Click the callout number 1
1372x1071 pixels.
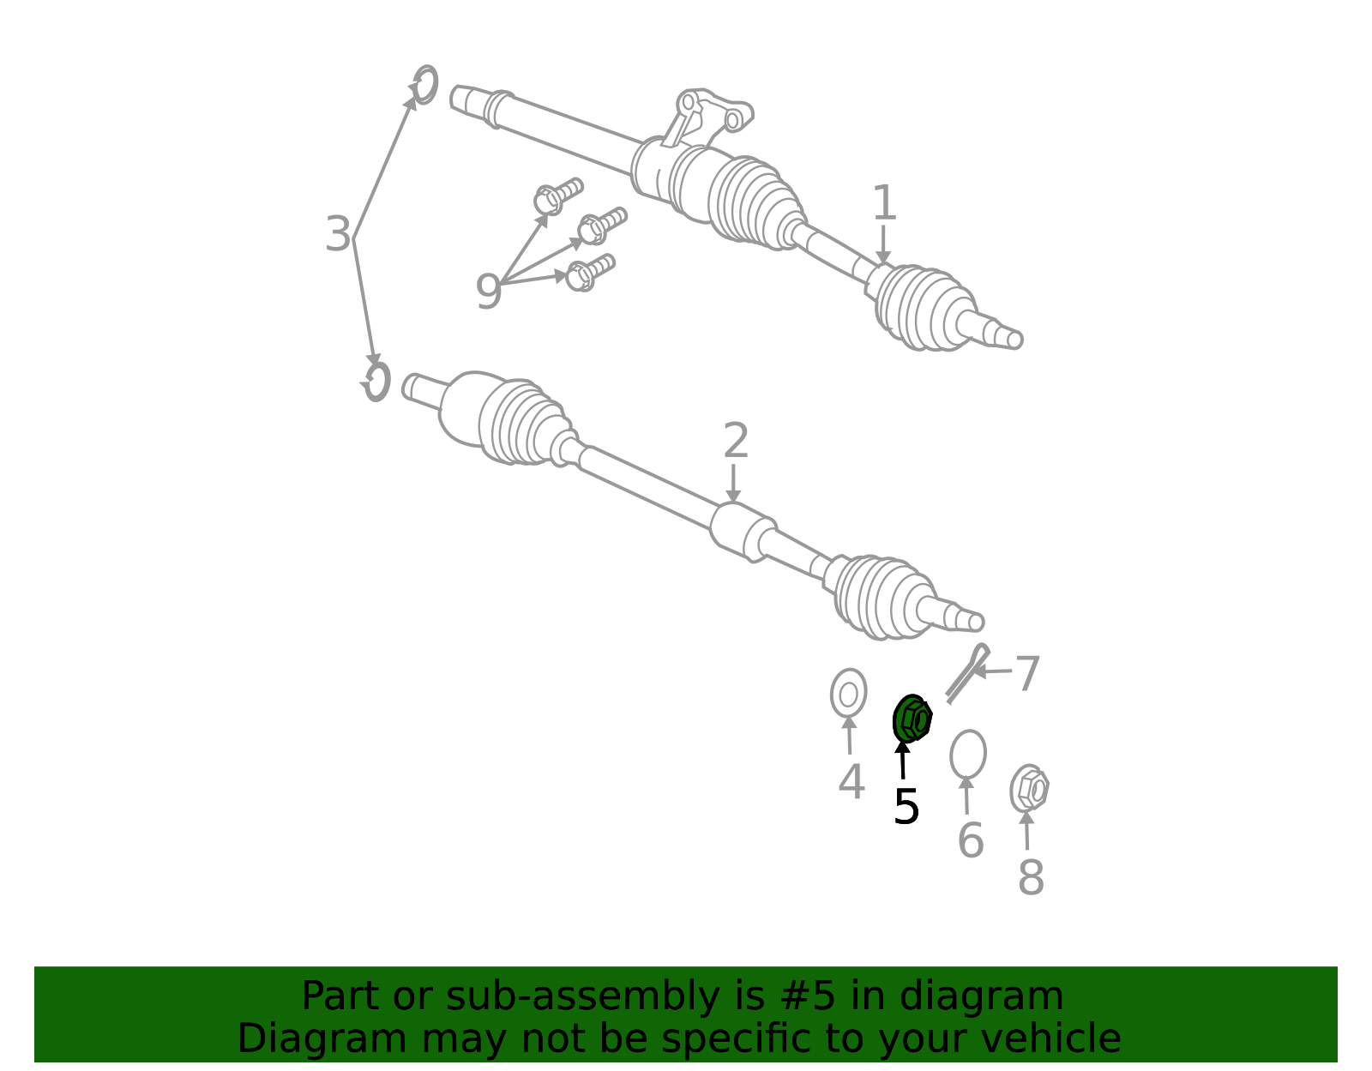(884, 202)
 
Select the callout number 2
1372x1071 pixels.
(736, 441)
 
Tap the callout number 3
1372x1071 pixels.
(338, 234)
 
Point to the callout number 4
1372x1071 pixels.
(851, 782)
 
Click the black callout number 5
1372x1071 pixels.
(906, 807)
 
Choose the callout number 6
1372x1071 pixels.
(971, 840)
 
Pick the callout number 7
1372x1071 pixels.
(1028, 674)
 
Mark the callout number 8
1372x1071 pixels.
(1031, 876)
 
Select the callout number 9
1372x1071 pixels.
(488, 292)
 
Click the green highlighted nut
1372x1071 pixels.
(912, 719)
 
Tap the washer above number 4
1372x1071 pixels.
(849, 694)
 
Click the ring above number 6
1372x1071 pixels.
(968, 755)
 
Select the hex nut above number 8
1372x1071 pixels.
(1029, 788)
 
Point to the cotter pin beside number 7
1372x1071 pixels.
(967, 674)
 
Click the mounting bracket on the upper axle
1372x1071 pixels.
(707, 116)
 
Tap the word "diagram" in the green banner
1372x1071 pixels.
(981, 997)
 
